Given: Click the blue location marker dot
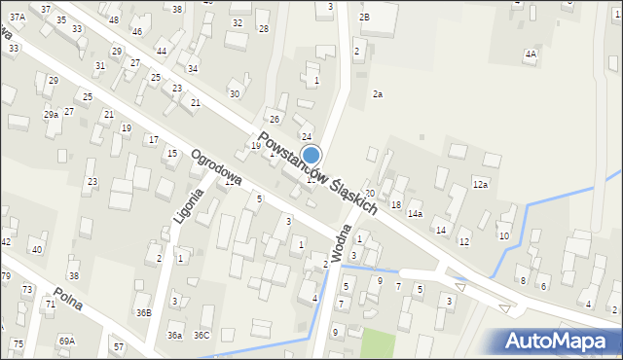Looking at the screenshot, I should point(311,155).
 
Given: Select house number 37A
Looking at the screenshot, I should point(18,18).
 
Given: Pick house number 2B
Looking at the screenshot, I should point(364,18).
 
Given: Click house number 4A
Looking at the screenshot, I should point(530,54).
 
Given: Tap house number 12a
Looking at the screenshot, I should point(480,184).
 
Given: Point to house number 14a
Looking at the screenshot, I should point(416,213).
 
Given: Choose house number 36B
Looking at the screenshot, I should point(144,312).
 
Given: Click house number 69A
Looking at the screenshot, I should point(66,341).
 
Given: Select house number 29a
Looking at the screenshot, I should point(51,114).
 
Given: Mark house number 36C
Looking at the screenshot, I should point(202,336).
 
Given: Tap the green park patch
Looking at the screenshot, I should point(378,343).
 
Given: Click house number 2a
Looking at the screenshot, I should point(378,94).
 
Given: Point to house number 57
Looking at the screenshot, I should point(118,346).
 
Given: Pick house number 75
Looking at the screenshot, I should point(18,344).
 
